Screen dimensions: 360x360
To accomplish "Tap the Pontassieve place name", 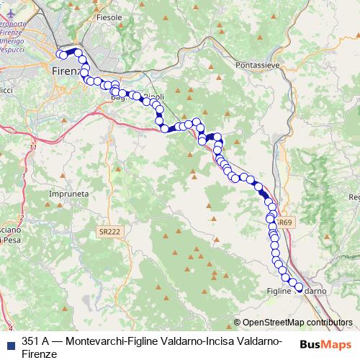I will click(x=258, y=64).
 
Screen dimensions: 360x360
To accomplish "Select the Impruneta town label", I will click(x=68, y=194).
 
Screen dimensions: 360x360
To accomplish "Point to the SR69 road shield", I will click(x=284, y=223).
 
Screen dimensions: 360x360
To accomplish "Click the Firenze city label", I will click(x=68, y=71).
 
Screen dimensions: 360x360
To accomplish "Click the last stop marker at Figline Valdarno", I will click(x=299, y=287).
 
